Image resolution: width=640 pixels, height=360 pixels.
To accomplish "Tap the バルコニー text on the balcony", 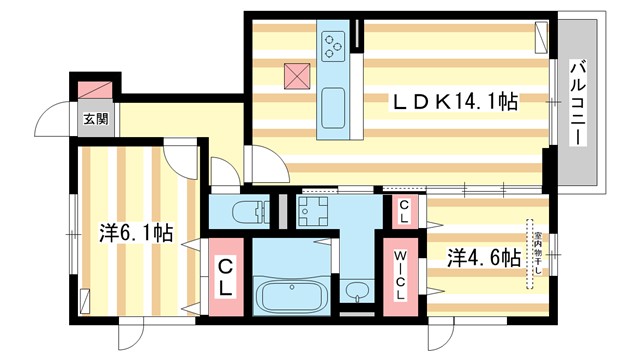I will (x=578, y=103).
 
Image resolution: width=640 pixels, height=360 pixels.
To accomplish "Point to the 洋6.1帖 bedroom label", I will (x=136, y=234).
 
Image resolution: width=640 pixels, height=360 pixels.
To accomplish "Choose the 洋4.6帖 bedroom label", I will (x=483, y=257).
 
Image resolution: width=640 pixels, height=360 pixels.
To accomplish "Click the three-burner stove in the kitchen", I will (x=332, y=42).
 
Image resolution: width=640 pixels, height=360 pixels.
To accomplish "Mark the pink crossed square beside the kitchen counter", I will (x=297, y=76).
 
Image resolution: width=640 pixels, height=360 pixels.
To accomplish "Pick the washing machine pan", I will (x=318, y=212).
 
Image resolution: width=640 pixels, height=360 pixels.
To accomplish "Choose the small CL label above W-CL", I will (x=403, y=211).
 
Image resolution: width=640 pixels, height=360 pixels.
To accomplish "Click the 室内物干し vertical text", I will (x=537, y=255).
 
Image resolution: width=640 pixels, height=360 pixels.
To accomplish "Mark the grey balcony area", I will (x=579, y=100).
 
